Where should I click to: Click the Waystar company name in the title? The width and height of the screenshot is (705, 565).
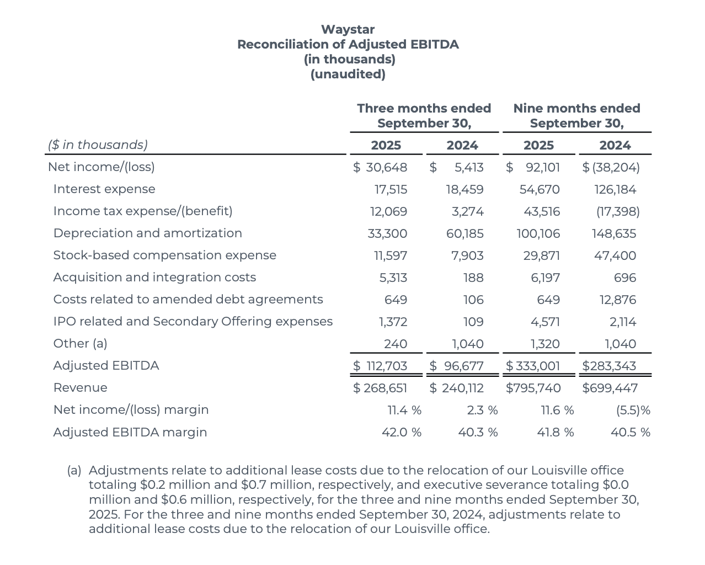(348, 29)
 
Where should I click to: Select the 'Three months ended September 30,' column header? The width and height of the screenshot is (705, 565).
(424, 115)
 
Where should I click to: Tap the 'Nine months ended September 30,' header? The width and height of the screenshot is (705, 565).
(576, 115)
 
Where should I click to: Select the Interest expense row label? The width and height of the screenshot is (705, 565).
(104, 189)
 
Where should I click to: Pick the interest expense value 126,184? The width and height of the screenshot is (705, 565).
(615, 190)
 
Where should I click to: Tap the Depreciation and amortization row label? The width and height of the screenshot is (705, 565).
(147, 233)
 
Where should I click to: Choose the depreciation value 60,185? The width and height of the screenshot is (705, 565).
(464, 234)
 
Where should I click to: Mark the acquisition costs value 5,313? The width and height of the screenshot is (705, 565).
(393, 278)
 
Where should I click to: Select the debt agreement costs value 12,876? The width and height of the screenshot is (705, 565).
(618, 300)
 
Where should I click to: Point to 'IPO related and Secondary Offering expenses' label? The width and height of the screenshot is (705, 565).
(193, 322)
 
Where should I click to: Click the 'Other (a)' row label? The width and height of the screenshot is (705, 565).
(80, 344)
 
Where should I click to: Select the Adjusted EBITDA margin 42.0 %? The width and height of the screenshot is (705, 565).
(401, 433)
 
